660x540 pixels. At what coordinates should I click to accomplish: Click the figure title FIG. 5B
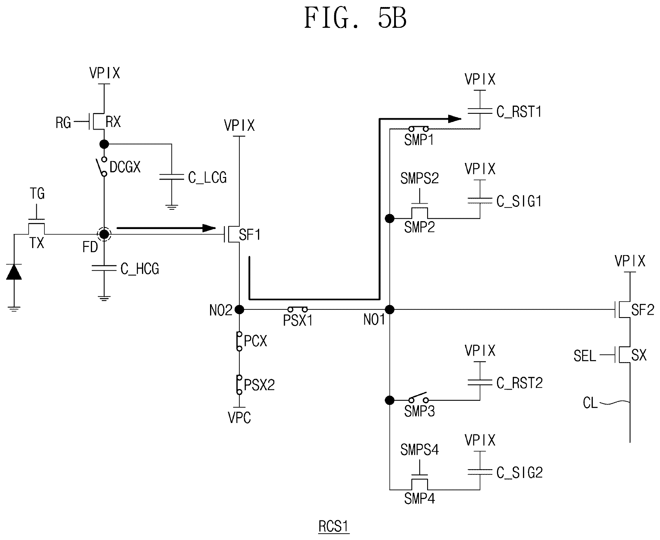coord(355,18)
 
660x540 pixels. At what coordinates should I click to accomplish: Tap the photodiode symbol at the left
coord(14,272)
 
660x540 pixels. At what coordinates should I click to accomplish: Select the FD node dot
coord(104,234)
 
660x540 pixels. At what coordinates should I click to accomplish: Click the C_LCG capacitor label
coord(207,178)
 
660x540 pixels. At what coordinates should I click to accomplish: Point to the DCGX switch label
coord(125,167)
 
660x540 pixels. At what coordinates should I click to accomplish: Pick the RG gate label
coord(63,123)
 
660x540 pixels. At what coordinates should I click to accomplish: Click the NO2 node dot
coord(239,309)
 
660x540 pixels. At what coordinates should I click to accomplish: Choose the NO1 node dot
coord(389,309)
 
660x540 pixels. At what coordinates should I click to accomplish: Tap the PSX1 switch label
coord(297,320)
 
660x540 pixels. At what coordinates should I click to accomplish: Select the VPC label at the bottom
coord(239,417)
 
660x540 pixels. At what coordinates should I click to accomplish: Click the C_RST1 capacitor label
coord(519,112)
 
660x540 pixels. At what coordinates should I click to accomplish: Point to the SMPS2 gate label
coord(419,178)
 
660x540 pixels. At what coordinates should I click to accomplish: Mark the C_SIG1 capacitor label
coord(519,201)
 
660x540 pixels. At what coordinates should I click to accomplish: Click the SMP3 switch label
coord(419,411)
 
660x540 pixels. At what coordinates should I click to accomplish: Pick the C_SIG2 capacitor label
coord(519,472)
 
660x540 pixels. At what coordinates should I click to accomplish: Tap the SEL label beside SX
coord(585,356)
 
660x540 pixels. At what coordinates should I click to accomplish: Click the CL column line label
coord(590,403)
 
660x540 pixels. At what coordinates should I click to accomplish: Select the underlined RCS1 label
coord(334,526)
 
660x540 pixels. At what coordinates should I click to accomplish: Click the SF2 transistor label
coord(642,310)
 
